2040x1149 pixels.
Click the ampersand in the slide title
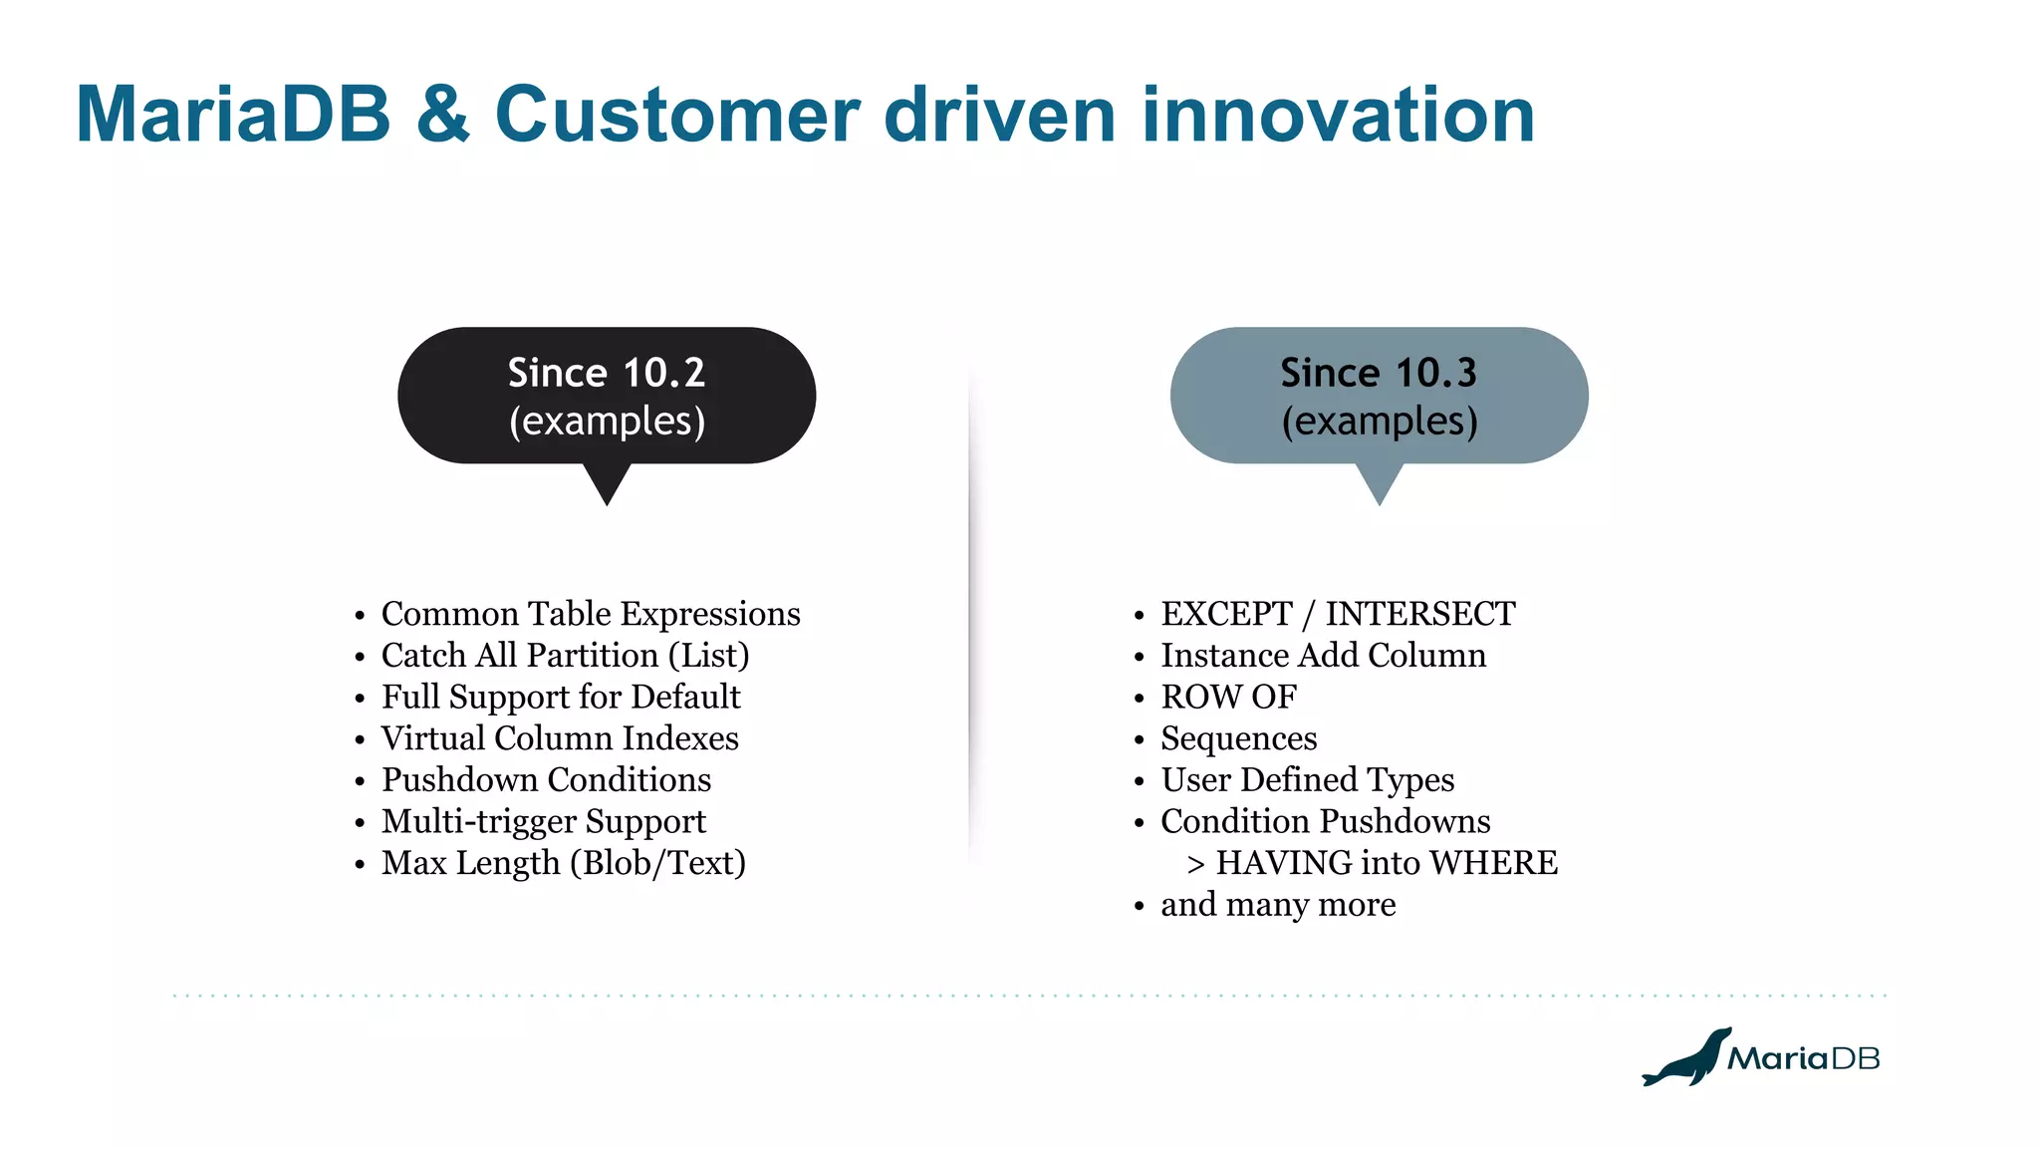[442, 115]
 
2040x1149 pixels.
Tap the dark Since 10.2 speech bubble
[607, 397]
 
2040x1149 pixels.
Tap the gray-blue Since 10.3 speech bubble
[1379, 397]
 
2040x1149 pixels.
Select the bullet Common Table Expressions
[590, 614]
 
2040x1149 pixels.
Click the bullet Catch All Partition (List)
[565, 656]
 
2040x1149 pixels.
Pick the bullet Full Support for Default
[560, 697]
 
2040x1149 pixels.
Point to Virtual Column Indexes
[559, 738]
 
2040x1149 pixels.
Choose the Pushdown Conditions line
[546, 780]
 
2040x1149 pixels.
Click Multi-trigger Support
[543, 822]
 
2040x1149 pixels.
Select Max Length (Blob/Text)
[563, 863]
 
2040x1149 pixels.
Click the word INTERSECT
[1419, 614]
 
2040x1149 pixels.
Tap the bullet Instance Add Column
[1323, 656]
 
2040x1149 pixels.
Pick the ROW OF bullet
[1228, 697]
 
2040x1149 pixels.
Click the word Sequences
[1238, 739]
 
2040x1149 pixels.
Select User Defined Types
[1307, 780]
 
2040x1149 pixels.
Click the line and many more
[1277, 905]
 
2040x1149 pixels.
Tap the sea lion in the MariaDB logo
[1687, 1059]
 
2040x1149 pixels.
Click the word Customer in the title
[676, 115]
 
